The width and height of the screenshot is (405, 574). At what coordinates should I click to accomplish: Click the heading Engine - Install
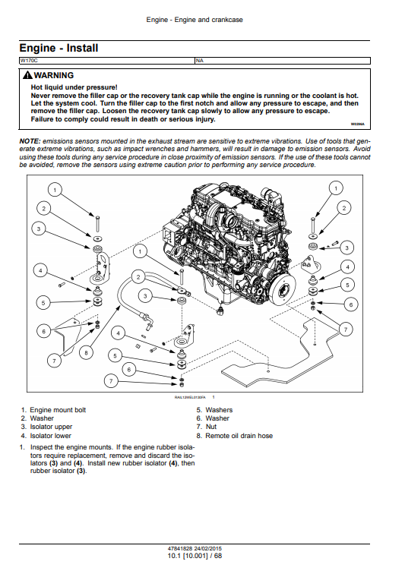[x=59, y=48]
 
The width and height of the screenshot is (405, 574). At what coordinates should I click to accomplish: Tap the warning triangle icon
[x=27, y=75]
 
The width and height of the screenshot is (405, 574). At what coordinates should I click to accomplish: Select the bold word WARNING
[x=54, y=75]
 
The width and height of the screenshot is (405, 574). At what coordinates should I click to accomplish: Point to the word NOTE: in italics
[x=30, y=141]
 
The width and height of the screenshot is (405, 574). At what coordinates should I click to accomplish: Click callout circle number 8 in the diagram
[x=86, y=353]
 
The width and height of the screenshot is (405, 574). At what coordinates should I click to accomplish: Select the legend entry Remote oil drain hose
[x=239, y=436]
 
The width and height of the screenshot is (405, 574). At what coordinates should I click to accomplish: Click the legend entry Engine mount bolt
[x=58, y=410]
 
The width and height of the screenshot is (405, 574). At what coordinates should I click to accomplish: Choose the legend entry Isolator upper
[x=51, y=427]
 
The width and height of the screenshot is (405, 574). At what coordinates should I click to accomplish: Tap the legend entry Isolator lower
[x=51, y=436]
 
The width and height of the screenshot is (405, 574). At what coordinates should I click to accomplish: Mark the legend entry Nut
[x=211, y=427]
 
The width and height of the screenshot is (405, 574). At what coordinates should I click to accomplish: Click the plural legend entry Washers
[x=219, y=410]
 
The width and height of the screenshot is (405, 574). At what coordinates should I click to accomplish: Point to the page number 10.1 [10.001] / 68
[x=195, y=556]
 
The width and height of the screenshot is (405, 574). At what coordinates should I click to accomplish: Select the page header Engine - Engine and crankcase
[x=195, y=20]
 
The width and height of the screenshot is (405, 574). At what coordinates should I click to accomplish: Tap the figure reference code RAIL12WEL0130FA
[x=190, y=397]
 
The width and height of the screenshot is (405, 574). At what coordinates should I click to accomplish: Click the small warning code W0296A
[x=357, y=124]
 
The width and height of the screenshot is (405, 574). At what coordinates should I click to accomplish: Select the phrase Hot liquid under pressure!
[x=74, y=87]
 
